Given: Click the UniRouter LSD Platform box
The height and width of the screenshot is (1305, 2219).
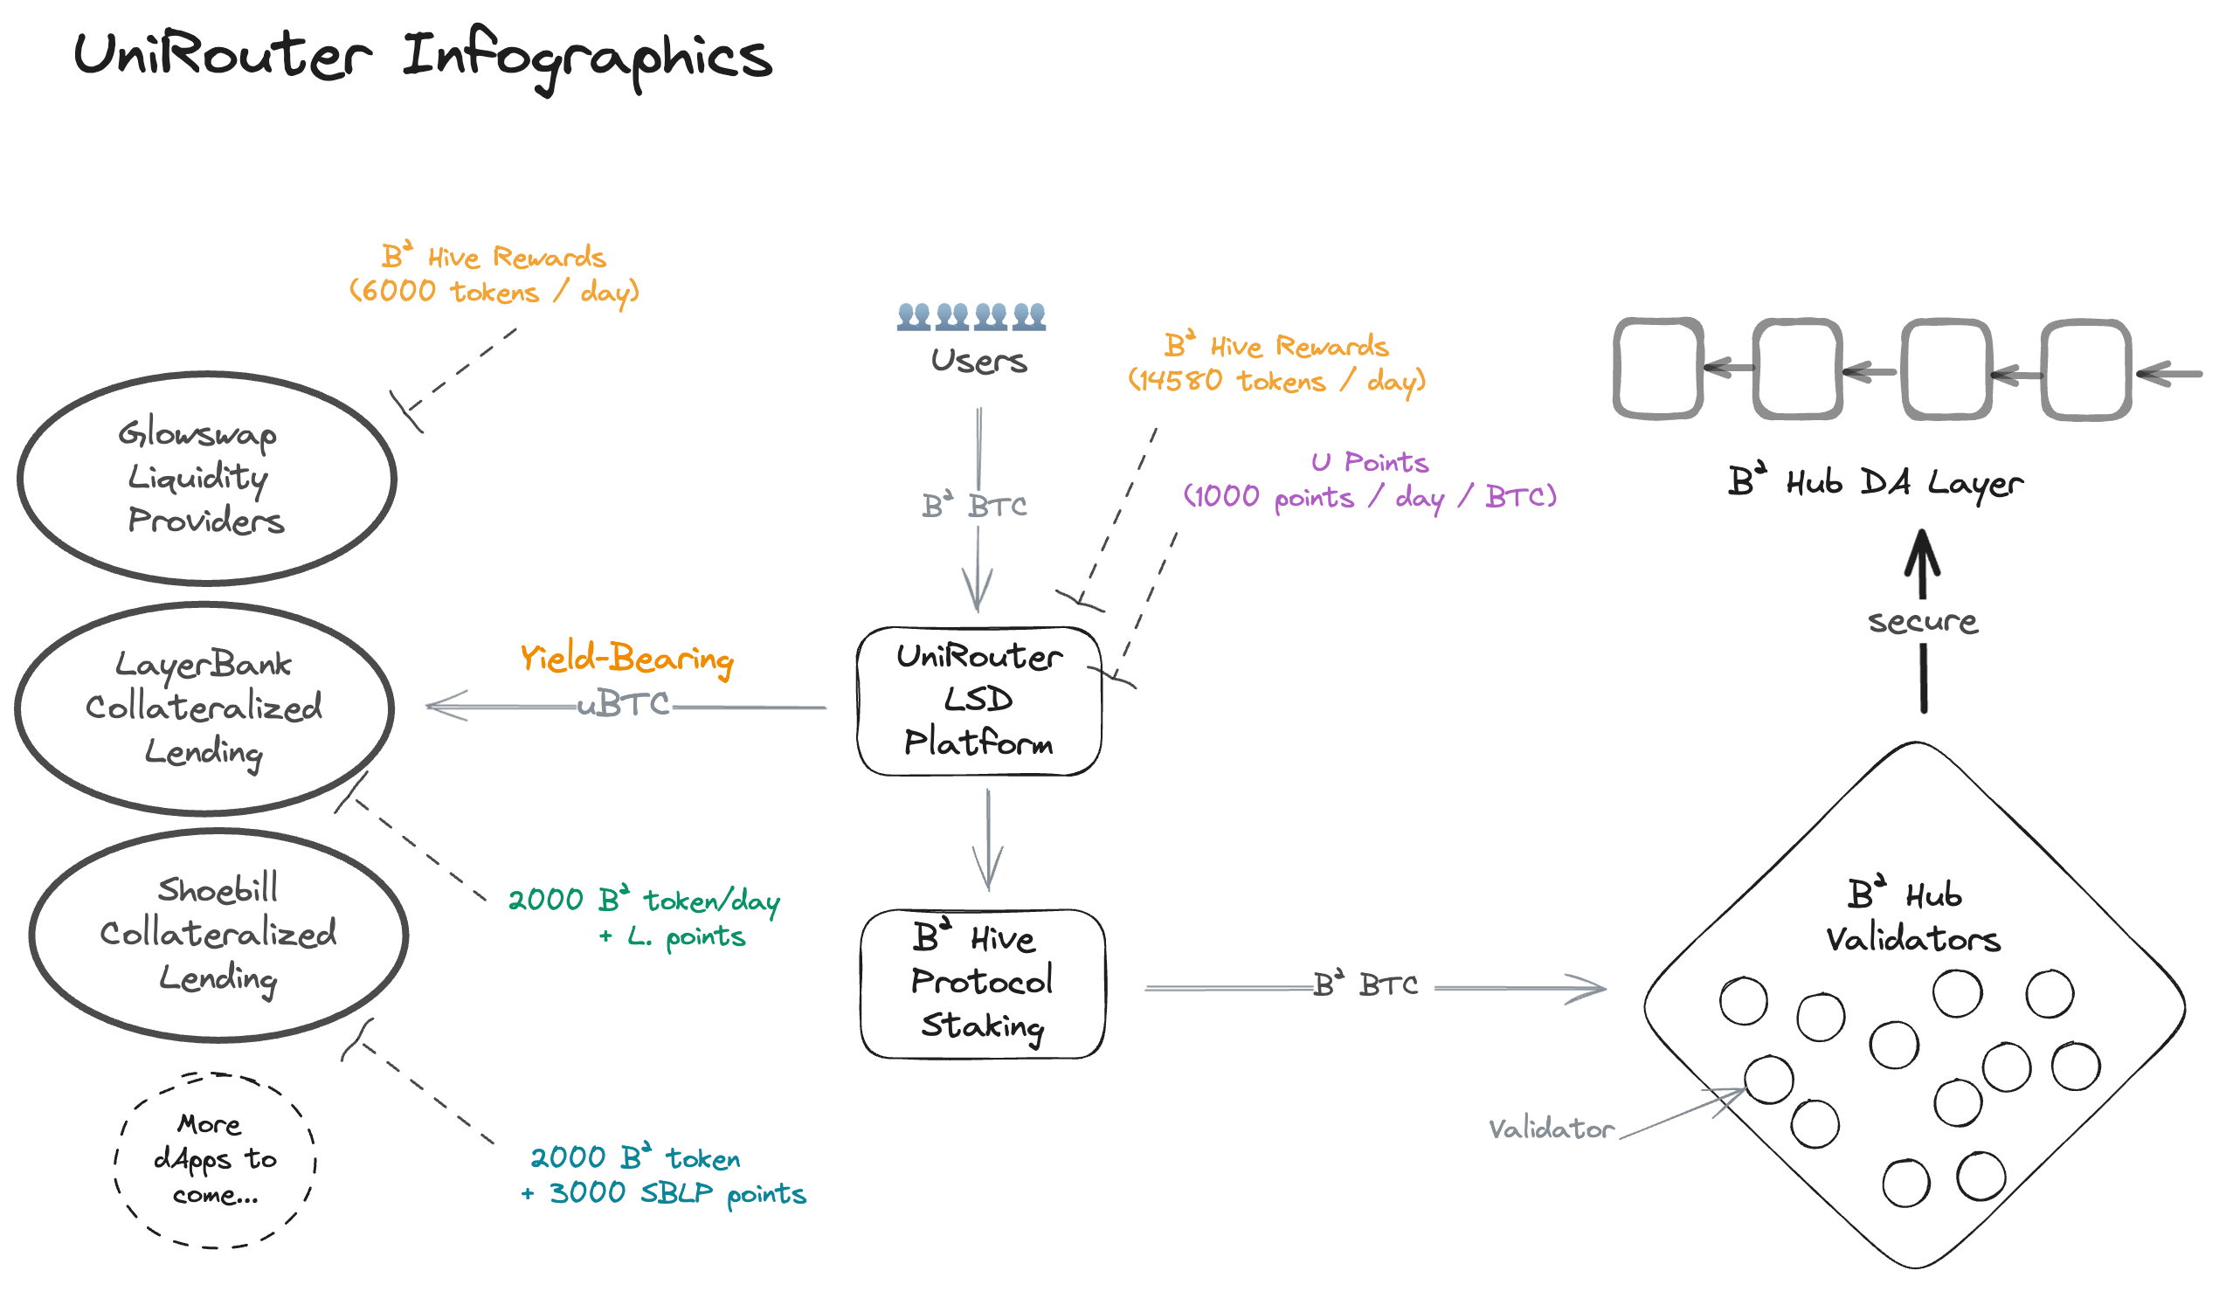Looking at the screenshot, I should tap(978, 701).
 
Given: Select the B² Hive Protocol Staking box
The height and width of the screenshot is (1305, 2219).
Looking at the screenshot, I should tap(982, 984).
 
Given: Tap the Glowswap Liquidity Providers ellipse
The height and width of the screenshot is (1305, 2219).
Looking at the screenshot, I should tap(207, 478).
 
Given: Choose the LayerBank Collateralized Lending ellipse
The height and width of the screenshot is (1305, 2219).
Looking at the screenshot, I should tap(204, 709).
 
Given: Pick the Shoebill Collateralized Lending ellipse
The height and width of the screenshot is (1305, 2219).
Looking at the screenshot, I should tap(218, 936).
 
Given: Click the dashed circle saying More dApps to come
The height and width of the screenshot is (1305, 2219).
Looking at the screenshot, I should tap(215, 1160).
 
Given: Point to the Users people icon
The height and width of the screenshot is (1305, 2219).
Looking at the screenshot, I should tap(971, 316).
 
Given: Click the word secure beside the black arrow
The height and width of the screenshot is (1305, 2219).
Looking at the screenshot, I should tap(1923, 622).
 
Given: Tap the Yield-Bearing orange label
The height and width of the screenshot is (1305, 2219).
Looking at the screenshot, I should tap(626, 659).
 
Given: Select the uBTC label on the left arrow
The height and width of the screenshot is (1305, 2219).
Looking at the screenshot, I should tap(624, 704).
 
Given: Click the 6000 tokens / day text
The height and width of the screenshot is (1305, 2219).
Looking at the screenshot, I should tap(494, 292).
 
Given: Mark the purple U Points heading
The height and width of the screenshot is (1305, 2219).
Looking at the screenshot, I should tap(1369, 462).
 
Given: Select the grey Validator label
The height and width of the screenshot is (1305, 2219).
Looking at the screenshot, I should tap(1551, 1129).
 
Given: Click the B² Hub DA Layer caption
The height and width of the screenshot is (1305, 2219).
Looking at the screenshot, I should tap(1876, 482).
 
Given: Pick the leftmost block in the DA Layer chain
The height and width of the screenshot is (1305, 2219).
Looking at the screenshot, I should tap(1657, 368).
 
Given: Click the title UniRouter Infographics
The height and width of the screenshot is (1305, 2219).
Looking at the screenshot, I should tap(423, 57).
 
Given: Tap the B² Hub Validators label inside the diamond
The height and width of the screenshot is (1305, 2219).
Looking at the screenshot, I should tap(1911, 917).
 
